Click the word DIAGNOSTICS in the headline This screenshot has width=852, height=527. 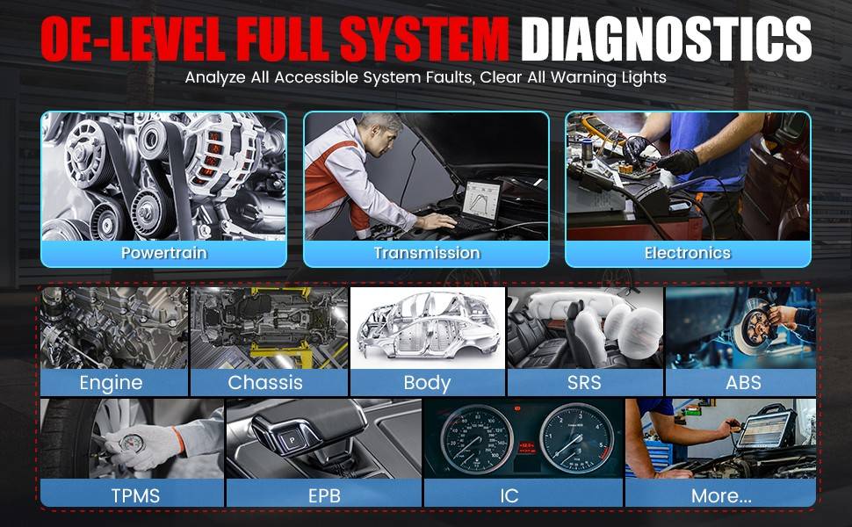pos(666,40)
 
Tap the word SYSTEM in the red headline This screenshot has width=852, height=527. pos(424,40)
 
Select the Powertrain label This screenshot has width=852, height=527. pos(163,253)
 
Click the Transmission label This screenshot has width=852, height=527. pos(427,253)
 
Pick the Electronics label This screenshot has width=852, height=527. pos(688,253)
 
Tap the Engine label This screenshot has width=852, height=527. pos(111,383)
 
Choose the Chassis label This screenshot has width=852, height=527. pos(265,382)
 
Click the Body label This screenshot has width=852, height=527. pos(427,383)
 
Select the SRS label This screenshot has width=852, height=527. pos(584,382)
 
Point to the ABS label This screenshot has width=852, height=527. pos(743,382)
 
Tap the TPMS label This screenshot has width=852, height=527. pos(135,495)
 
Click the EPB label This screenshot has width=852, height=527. pos(324,495)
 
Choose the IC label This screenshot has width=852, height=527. pos(509,495)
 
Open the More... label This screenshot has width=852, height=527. pos(721,495)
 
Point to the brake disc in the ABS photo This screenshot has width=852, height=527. pos(755,327)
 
